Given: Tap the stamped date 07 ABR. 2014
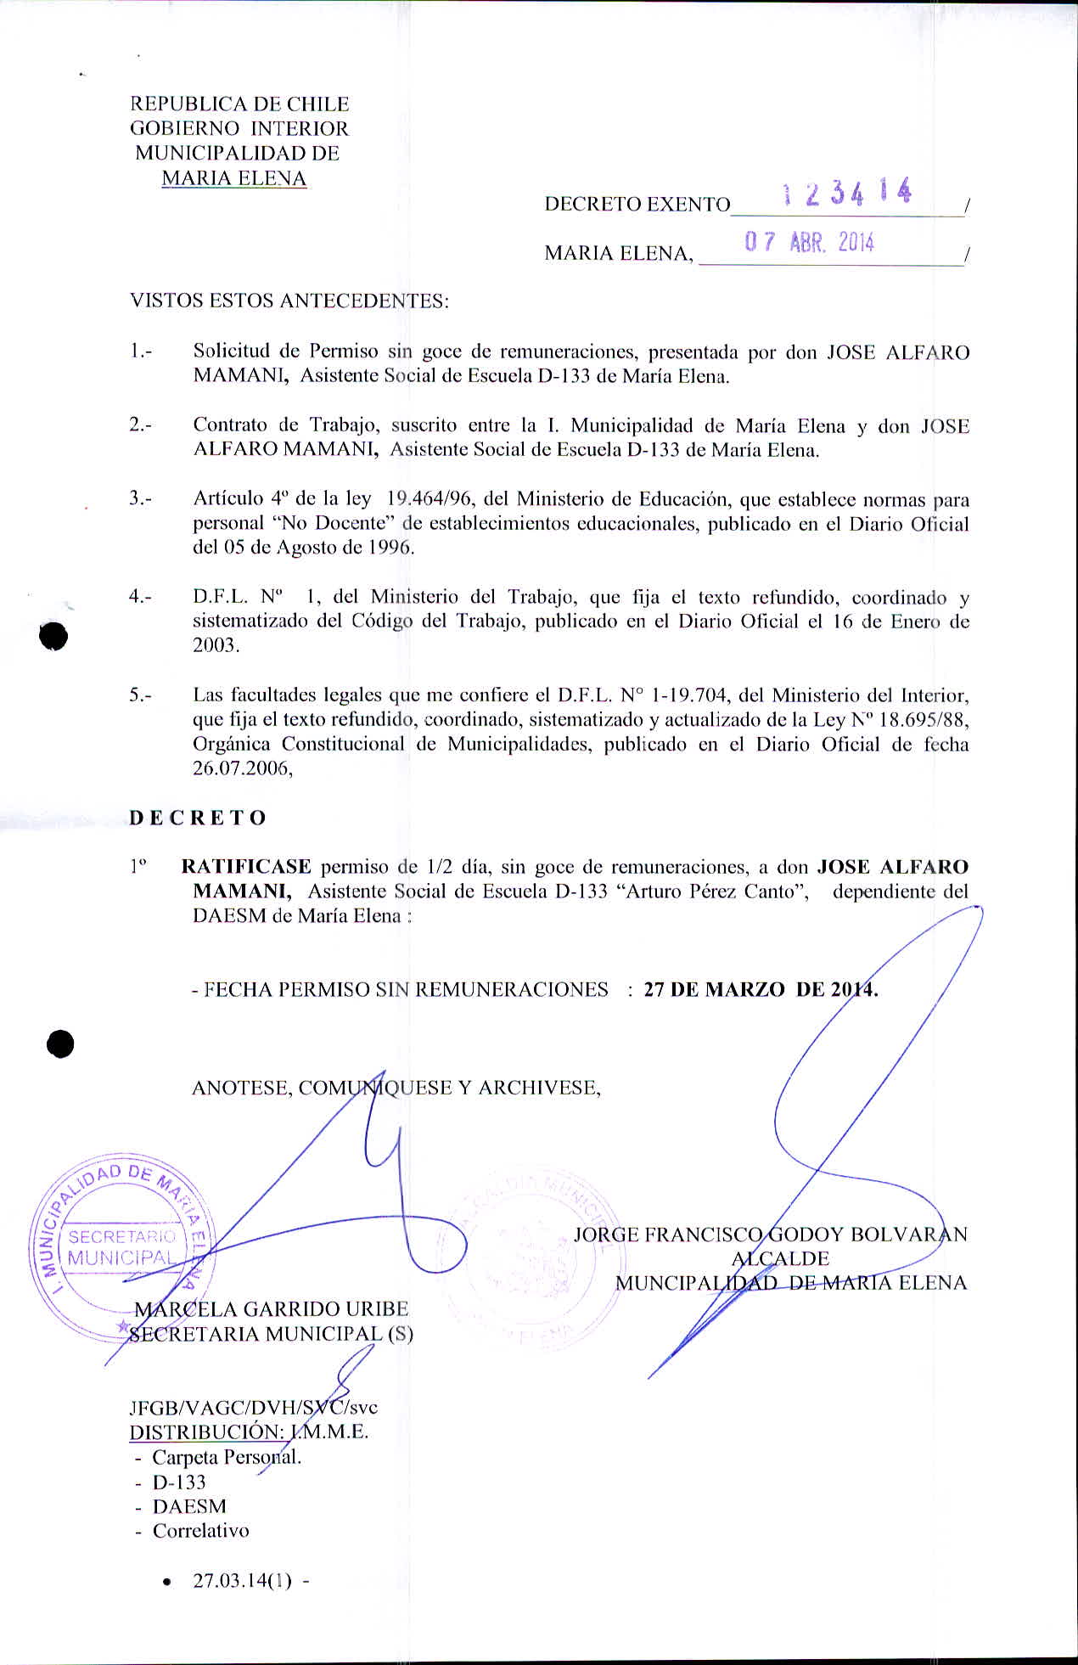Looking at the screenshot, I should (x=809, y=243).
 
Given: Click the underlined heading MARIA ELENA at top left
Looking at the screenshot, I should (x=233, y=178).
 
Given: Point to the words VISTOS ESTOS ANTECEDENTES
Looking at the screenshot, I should (x=289, y=301).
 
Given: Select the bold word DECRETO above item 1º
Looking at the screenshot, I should (x=198, y=818).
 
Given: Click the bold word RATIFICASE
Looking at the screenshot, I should (x=246, y=867).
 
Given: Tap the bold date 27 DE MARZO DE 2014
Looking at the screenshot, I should (x=761, y=989).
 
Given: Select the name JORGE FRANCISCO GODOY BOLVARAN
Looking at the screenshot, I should (x=770, y=1235).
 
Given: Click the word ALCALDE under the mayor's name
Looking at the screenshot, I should (x=780, y=1258).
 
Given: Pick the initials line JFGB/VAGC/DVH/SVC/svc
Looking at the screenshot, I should (x=253, y=1407).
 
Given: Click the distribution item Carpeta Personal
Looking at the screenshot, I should (x=227, y=1457).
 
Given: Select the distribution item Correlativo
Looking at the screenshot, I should (x=200, y=1531).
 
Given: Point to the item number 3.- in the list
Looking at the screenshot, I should (x=140, y=499).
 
